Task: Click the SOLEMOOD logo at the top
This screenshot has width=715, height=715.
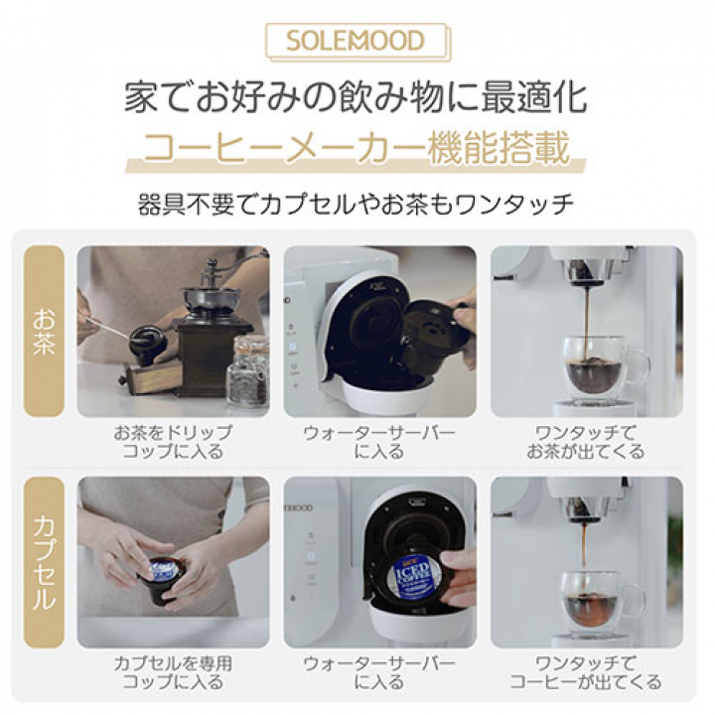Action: (x=357, y=41)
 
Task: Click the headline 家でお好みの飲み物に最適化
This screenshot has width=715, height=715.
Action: (x=357, y=98)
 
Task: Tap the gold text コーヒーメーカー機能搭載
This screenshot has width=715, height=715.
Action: (x=357, y=151)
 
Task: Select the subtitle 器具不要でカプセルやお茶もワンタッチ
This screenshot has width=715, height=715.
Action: (x=357, y=206)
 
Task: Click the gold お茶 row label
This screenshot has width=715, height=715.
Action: (x=45, y=330)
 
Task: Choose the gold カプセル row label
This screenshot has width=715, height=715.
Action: (x=45, y=561)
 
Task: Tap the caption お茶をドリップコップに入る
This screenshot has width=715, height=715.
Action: (x=173, y=442)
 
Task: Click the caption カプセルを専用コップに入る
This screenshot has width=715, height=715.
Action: (x=173, y=672)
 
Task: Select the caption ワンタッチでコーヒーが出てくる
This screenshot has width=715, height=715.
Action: (x=586, y=672)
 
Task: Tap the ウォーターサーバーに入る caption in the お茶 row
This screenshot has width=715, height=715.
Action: (x=379, y=442)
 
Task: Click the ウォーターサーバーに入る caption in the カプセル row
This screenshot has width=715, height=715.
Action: (x=379, y=672)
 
